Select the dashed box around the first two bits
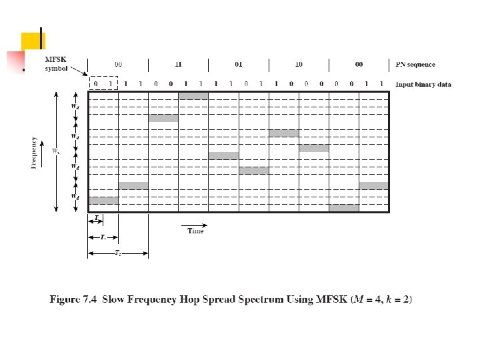pos(103,83)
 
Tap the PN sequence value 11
pos(178,65)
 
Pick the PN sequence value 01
pos(238,65)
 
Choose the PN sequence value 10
pos(298,65)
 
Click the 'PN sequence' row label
pos(415,65)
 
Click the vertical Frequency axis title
pos(33,152)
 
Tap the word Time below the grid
pos(195,231)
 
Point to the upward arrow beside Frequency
pos(45,152)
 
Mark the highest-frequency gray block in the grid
pos(193,96)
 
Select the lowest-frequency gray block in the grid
pos(343,208)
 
